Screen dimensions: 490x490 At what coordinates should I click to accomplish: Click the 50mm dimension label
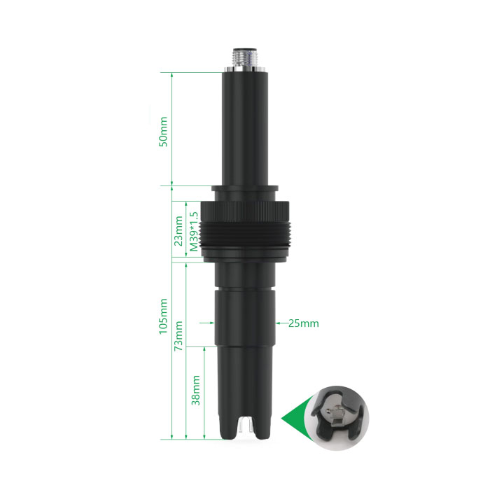163,132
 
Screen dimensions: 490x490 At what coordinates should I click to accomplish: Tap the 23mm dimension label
178,231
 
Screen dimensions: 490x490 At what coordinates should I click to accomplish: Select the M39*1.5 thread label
194,232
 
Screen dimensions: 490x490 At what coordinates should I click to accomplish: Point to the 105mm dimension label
163,316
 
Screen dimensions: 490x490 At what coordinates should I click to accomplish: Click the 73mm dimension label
178,335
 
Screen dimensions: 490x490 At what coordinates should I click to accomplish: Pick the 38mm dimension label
195,391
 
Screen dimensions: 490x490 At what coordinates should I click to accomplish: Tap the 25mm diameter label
303,323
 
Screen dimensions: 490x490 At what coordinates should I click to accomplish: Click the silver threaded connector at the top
245,60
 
